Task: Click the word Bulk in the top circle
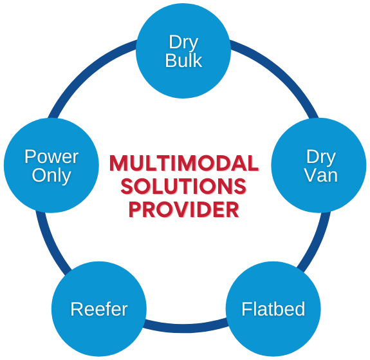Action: tap(183, 61)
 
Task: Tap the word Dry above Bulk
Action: tap(183, 43)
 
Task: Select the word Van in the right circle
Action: tap(321, 175)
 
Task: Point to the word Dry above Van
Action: tap(321, 157)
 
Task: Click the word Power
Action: tap(51, 156)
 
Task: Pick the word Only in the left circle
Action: tap(51, 176)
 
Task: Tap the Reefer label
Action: tap(99, 309)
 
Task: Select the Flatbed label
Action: tap(273, 309)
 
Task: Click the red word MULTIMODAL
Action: tap(184, 163)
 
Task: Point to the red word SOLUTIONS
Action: tap(183, 186)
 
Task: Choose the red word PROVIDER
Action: tap(184, 210)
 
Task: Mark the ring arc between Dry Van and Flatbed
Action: tap(317, 243)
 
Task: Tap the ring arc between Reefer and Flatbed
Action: tap(185, 328)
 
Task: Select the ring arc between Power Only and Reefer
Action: tap(50, 243)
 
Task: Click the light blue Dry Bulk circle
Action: tap(183, 50)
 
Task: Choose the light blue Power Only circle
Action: tap(51, 166)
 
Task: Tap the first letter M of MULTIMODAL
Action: tap(119, 163)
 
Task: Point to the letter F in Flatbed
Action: tap(246, 308)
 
